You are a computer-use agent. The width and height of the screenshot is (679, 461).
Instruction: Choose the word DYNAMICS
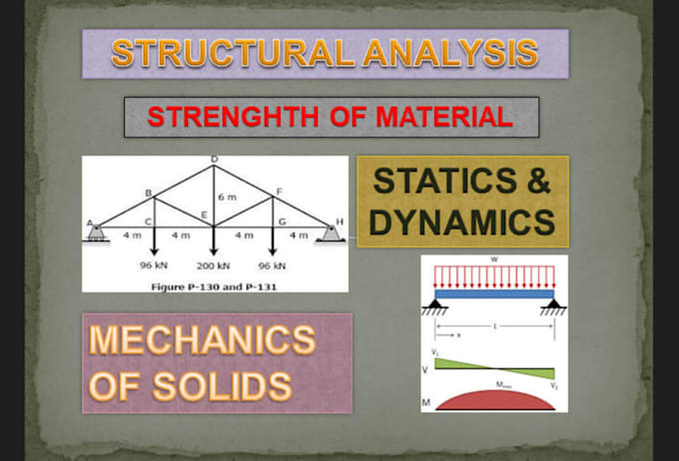tap(461, 223)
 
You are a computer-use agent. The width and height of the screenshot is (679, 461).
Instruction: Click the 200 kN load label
tap(214, 266)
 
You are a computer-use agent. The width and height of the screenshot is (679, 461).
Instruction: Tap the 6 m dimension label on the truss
tap(228, 198)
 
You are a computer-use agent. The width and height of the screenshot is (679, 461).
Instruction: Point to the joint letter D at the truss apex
tap(214, 161)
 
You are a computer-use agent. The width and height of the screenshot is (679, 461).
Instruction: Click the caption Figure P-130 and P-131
tap(214, 284)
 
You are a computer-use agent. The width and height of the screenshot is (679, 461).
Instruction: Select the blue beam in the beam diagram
tap(491, 294)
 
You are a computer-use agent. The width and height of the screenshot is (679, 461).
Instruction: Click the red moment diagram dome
tap(491, 398)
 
